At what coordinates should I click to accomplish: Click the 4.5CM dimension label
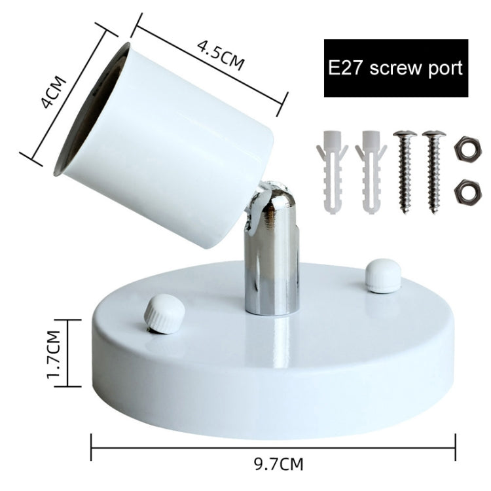coord(221,56)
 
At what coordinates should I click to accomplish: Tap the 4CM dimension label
coord(54,92)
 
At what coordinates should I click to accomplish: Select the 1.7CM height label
coord(53,354)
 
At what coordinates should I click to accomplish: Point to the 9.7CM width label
coord(279,464)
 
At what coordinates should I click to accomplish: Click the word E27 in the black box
coord(346,67)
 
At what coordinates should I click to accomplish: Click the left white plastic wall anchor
coord(332,172)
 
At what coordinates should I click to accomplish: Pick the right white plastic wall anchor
coord(371,172)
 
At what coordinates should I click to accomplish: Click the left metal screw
coord(405,172)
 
